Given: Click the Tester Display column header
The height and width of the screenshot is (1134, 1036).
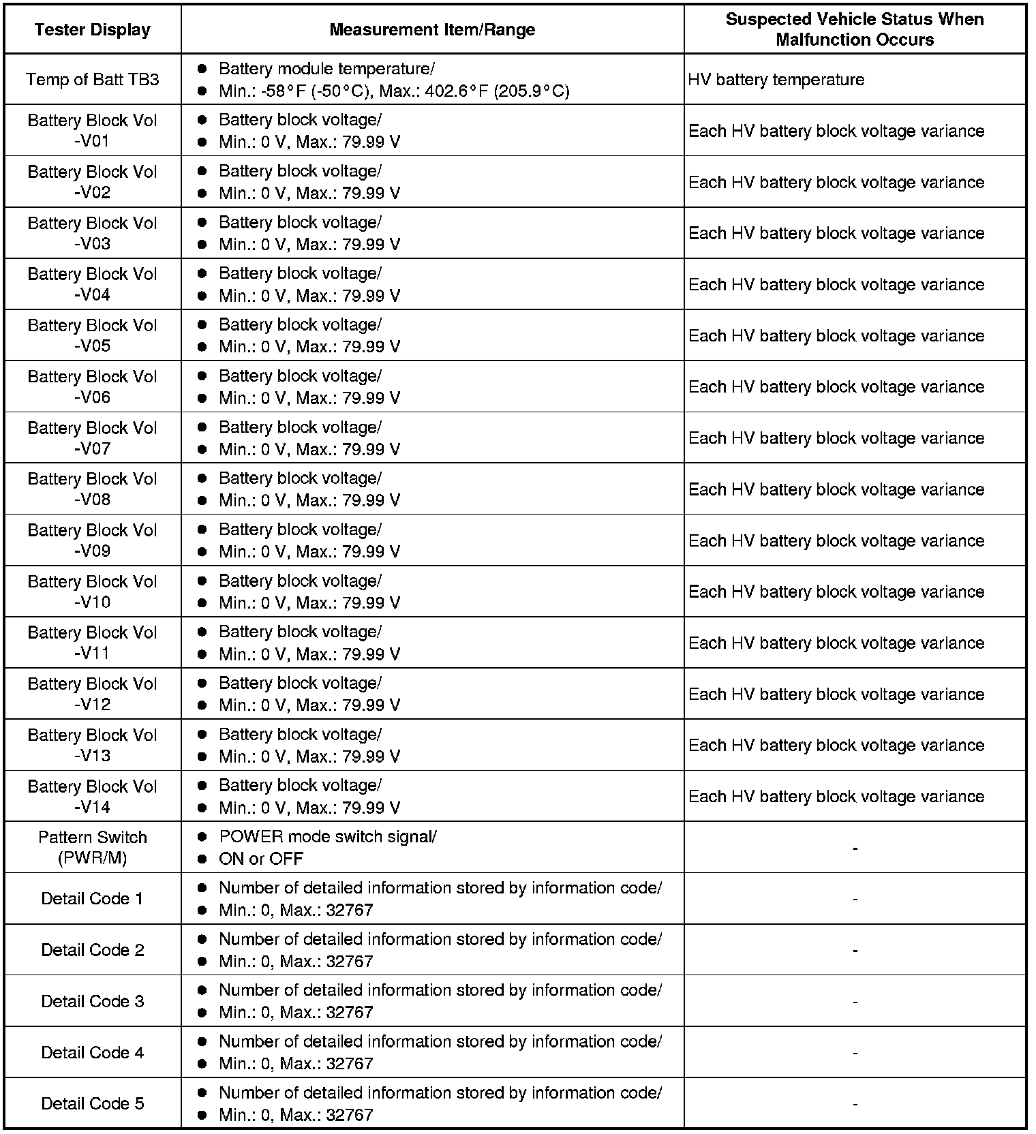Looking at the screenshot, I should click(92, 30).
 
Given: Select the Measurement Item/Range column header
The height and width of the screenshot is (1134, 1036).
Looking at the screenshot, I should click(432, 30).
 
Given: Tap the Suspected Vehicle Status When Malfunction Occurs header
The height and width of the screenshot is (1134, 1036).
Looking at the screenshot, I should click(855, 29).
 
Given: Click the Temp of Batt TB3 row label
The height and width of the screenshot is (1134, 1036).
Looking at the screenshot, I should click(92, 80).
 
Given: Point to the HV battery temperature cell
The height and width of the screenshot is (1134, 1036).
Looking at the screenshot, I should click(776, 80).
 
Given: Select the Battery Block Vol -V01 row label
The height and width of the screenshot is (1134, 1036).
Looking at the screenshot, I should click(92, 131).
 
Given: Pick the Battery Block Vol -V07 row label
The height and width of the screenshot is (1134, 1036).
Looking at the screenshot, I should click(92, 438).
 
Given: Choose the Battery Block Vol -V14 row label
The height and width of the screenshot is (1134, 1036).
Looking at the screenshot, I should click(92, 797).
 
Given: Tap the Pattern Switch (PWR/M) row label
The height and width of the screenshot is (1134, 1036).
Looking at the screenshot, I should click(92, 848).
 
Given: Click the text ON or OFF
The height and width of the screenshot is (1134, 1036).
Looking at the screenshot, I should click(261, 859).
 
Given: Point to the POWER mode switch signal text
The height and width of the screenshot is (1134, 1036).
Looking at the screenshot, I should click(327, 837).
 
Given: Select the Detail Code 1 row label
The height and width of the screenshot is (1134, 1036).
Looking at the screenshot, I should click(92, 899).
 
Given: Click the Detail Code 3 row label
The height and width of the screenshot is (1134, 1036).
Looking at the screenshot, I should click(92, 1001).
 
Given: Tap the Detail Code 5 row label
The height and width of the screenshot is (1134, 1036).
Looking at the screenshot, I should click(92, 1103).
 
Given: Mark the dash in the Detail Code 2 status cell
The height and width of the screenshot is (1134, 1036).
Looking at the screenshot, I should click(855, 951).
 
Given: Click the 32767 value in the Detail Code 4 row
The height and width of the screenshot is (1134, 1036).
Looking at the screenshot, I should click(350, 1064).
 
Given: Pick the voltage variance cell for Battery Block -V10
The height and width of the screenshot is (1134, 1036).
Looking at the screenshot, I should click(836, 592).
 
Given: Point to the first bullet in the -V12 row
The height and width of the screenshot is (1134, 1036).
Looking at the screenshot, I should click(202, 683).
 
